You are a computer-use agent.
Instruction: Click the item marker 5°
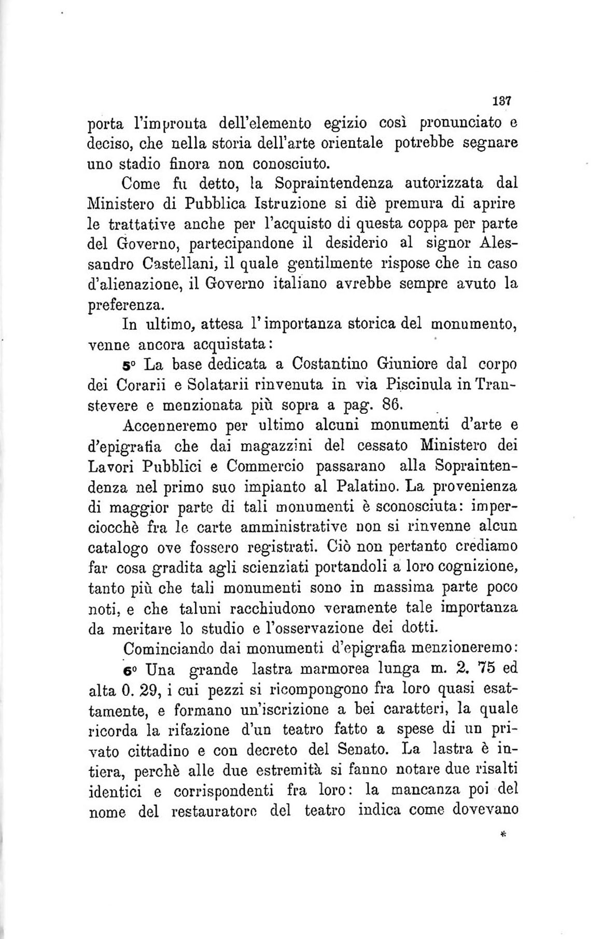point(131,366)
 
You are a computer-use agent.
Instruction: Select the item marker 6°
point(131,670)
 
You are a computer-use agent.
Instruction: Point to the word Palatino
point(368,486)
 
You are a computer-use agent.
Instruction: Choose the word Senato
point(368,750)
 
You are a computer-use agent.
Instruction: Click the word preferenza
point(121,305)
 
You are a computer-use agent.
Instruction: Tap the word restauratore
point(214,811)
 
